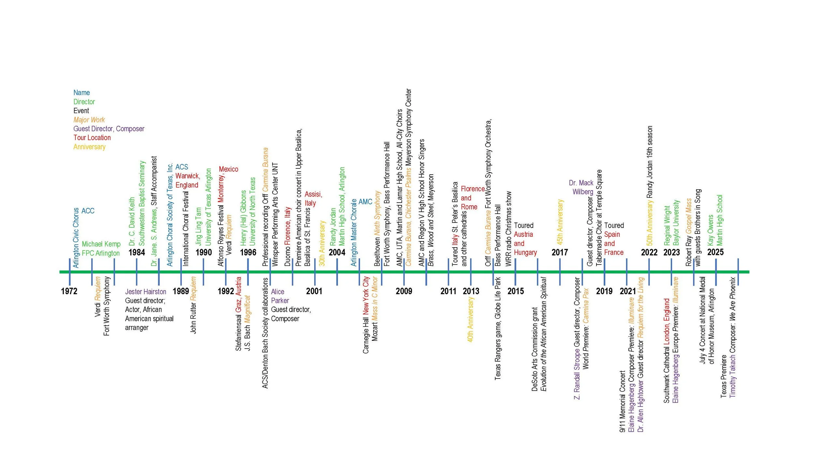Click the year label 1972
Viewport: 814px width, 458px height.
[x=69, y=291]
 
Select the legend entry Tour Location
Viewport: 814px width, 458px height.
[x=92, y=138]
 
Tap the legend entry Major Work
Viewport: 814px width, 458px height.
[x=89, y=120]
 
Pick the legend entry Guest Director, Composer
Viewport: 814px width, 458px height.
[x=109, y=129]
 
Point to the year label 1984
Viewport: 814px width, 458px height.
[x=136, y=252]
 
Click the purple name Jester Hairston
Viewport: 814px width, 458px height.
[x=146, y=292]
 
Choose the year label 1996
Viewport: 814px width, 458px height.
[x=248, y=252]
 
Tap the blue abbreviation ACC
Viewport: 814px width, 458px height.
[x=88, y=211]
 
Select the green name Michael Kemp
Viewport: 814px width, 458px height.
[x=101, y=244]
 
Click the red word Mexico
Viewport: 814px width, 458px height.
[x=228, y=169]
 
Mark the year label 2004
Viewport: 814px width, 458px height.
[x=337, y=252]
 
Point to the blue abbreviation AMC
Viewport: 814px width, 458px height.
[x=365, y=202]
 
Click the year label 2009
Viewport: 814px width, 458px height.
[x=404, y=291]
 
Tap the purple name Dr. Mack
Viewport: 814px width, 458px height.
[x=581, y=183]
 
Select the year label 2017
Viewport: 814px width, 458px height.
[x=559, y=252]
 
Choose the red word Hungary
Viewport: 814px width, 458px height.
[x=525, y=252]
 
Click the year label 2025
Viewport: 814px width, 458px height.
[x=715, y=252]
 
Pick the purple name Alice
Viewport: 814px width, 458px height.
[x=277, y=292]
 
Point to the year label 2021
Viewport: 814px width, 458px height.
[x=627, y=291]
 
